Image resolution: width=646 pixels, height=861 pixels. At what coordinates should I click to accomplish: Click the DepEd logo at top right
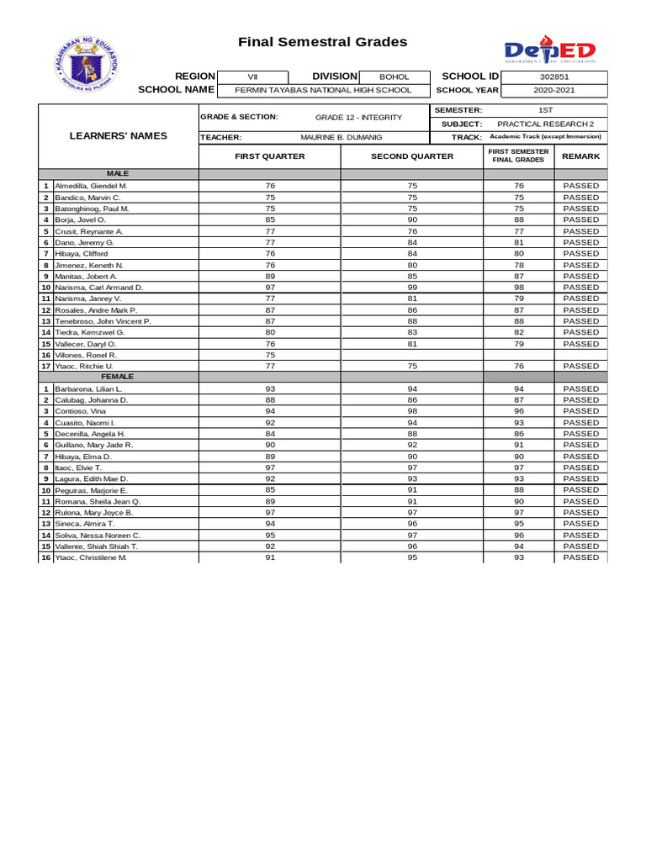click(550, 50)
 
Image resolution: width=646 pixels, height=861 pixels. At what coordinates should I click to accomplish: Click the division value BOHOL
click(394, 77)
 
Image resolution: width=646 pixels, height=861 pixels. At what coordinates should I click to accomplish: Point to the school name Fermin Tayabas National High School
click(323, 90)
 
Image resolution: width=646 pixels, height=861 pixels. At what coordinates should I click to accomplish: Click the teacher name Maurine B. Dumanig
click(341, 136)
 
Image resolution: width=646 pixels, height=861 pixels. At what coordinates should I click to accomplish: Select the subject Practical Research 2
click(551, 124)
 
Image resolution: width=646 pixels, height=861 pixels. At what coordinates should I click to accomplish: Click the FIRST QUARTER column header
click(269, 156)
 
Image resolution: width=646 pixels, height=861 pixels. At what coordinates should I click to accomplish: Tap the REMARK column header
click(580, 156)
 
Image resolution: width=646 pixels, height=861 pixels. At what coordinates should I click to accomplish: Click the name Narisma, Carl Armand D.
click(99, 288)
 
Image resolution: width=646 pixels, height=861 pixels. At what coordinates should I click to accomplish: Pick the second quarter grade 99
click(412, 288)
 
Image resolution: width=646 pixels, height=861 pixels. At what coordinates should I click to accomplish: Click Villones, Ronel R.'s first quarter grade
click(270, 355)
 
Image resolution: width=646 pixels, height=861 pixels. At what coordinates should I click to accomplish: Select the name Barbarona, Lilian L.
click(88, 389)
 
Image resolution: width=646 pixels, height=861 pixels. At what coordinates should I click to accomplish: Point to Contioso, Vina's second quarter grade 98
click(412, 411)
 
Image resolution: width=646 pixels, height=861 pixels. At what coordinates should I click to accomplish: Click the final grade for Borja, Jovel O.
click(519, 219)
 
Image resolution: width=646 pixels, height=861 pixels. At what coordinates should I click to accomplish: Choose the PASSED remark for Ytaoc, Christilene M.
click(580, 557)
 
